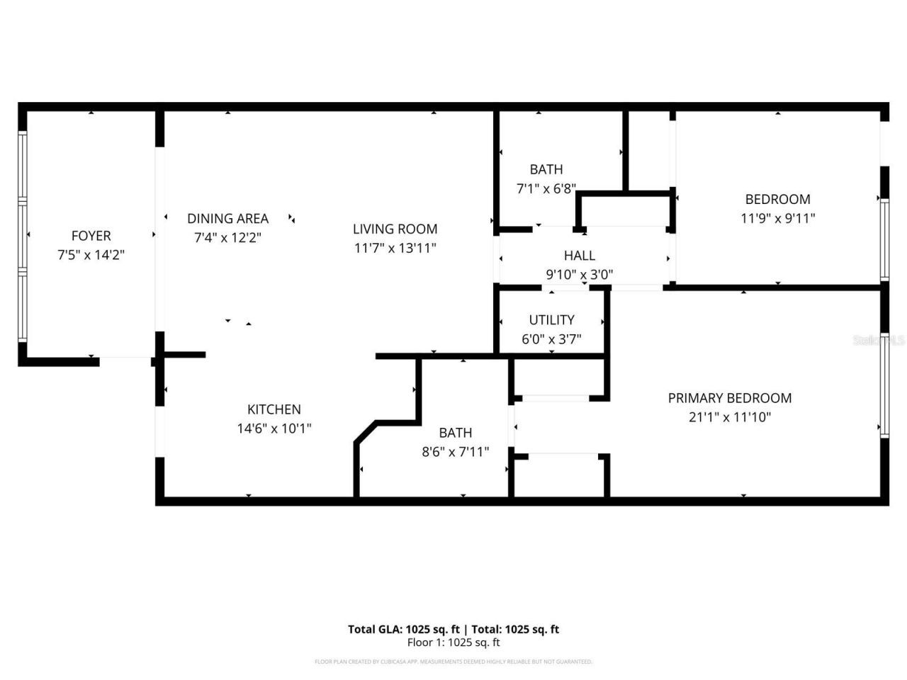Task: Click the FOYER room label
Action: [91, 236]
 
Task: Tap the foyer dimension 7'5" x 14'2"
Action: [91, 255]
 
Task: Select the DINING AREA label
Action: [227, 219]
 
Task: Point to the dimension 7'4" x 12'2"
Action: [227, 238]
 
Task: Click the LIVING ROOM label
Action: [395, 229]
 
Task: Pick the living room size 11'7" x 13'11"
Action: [395, 248]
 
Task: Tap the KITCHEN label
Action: [274, 409]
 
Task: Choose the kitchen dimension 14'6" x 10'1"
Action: [274, 429]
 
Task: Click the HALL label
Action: [579, 256]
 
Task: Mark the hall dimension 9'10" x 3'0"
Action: [579, 275]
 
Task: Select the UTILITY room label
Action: [551, 320]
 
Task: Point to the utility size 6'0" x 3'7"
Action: [551, 339]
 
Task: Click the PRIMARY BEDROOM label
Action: [729, 398]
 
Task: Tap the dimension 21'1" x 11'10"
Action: [729, 417]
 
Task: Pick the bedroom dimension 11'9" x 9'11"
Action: [777, 218]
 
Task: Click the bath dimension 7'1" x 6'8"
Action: [546, 189]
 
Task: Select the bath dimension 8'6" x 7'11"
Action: [455, 452]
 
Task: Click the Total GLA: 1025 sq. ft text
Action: [404, 629]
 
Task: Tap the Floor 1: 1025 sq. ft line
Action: [453, 642]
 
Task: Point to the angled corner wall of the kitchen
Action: [366, 433]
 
